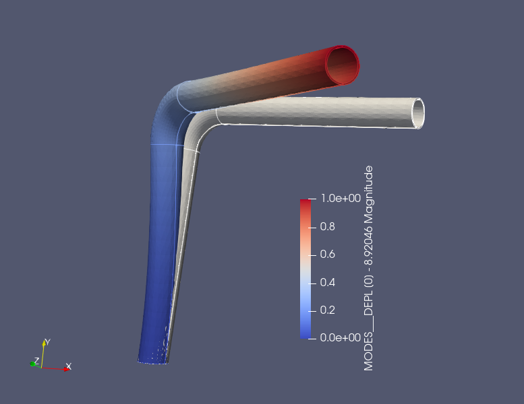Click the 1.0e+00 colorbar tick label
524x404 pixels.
[341, 198]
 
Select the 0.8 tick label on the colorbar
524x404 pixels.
[328, 226]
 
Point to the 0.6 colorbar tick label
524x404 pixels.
[328, 255]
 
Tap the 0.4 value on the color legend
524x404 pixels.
[328, 282]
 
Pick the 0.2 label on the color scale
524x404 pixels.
[328, 310]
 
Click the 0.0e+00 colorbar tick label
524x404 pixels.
[341, 337]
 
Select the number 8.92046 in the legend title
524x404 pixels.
[369, 246]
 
